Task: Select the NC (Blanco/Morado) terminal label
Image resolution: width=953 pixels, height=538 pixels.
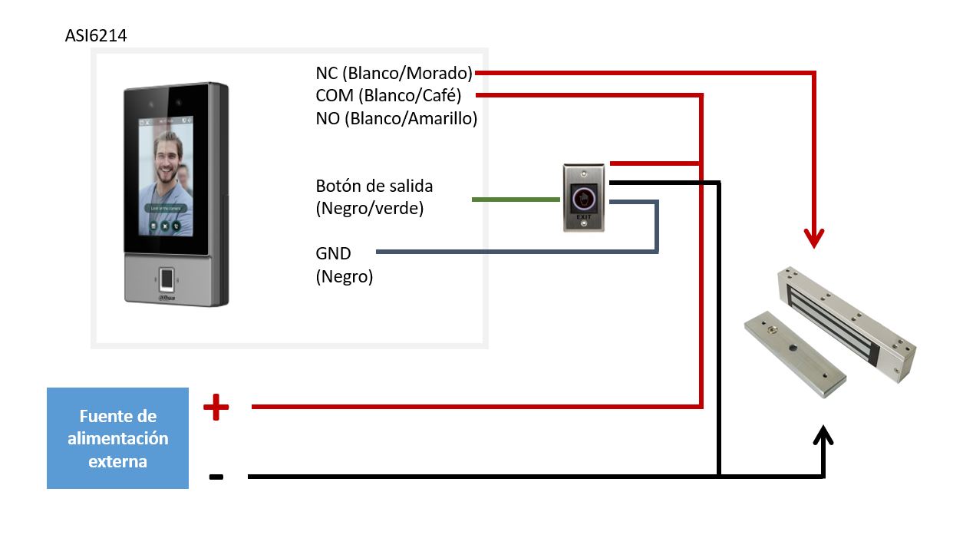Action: click(x=394, y=73)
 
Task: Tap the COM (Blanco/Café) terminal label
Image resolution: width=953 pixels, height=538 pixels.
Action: click(x=388, y=95)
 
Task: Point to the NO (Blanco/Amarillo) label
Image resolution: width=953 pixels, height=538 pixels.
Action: click(x=397, y=118)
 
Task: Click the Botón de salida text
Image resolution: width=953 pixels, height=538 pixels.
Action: click(x=374, y=186)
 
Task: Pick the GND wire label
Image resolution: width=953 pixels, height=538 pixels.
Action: click(x=334, y=253)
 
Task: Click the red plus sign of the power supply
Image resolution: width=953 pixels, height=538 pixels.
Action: click(x=216, y=408)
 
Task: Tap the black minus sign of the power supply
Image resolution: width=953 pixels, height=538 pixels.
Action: click(x=216, y=477)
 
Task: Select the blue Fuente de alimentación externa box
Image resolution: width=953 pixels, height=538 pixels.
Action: click(x=117, y=438)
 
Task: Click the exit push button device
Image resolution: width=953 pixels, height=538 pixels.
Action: click(x=585, y=197)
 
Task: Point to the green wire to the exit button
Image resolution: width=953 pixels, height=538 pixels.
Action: click(x=516, y=200)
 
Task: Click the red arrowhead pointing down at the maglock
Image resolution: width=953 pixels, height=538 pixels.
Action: click(x=814, y=237)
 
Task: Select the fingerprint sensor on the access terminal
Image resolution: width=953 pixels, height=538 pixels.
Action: click(x=167, y=278)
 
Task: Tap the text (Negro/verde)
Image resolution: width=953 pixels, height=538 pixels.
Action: click(x=370, y=208)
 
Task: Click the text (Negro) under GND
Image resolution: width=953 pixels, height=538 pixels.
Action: click(x=345, y=277)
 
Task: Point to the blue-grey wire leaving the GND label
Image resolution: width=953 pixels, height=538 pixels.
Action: click(x=514, y=252)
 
